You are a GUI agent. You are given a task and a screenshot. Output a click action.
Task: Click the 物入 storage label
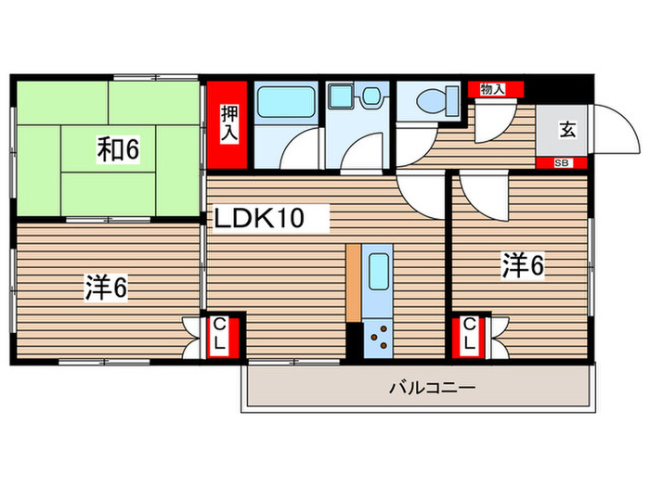[492, 89]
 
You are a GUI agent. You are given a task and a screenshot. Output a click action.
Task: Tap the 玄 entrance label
[566, 130]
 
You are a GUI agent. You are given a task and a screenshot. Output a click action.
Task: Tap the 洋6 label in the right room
[523, 266]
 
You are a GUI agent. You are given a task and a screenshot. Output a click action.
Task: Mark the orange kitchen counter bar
[354, 283]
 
